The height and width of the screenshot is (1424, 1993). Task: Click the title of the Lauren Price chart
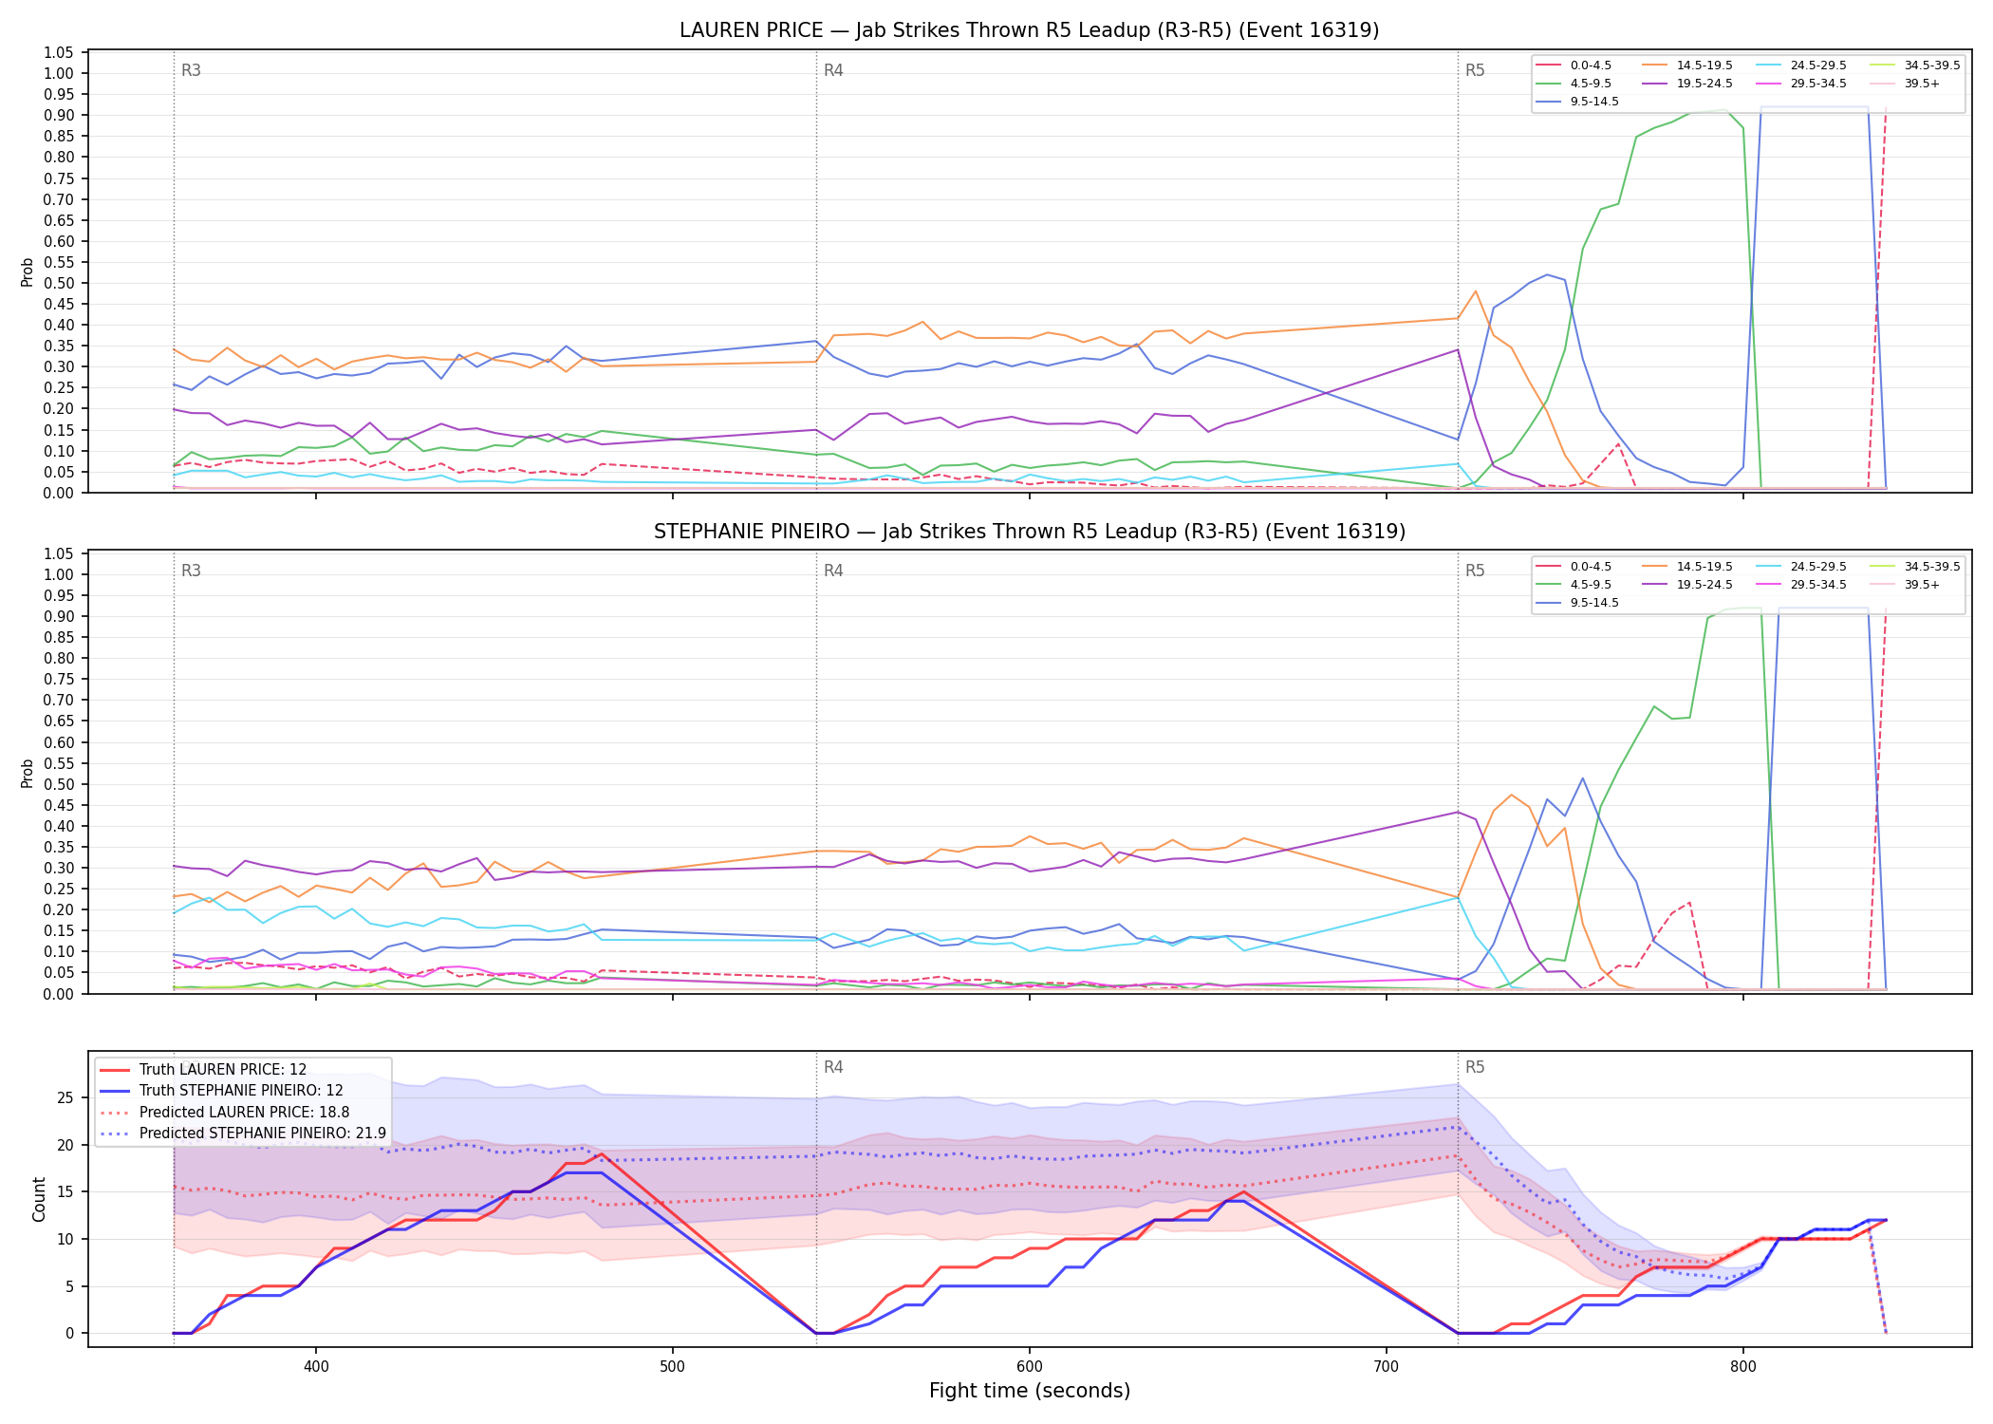click(x=1029, y=30)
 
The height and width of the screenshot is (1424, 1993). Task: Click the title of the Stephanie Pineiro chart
click(x=1029, y=532)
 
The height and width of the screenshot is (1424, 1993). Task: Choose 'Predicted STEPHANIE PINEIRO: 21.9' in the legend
click(x=243, y=1134)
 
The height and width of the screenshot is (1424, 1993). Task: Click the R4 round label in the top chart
click(x=833, y=70)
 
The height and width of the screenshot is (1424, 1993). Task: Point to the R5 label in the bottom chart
click(x=1475, y=1067)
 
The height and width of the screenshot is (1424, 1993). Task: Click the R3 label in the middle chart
click(x=191, y=571)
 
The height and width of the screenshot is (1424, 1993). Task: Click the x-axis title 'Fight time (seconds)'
click(x=1030, y=1391)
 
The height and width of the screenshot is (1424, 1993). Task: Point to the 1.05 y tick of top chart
click(x=59, y=52)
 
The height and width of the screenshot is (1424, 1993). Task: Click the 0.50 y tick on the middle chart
click(x=59, y=784)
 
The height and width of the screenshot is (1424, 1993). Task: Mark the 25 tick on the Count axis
click(x=65, y=1098)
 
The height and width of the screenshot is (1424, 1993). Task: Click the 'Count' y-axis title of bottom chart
click(x=39, y=1199)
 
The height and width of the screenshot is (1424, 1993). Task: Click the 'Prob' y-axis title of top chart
click(x=28, y=272)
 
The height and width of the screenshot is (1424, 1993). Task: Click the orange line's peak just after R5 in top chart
click(x=1476, y=291)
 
